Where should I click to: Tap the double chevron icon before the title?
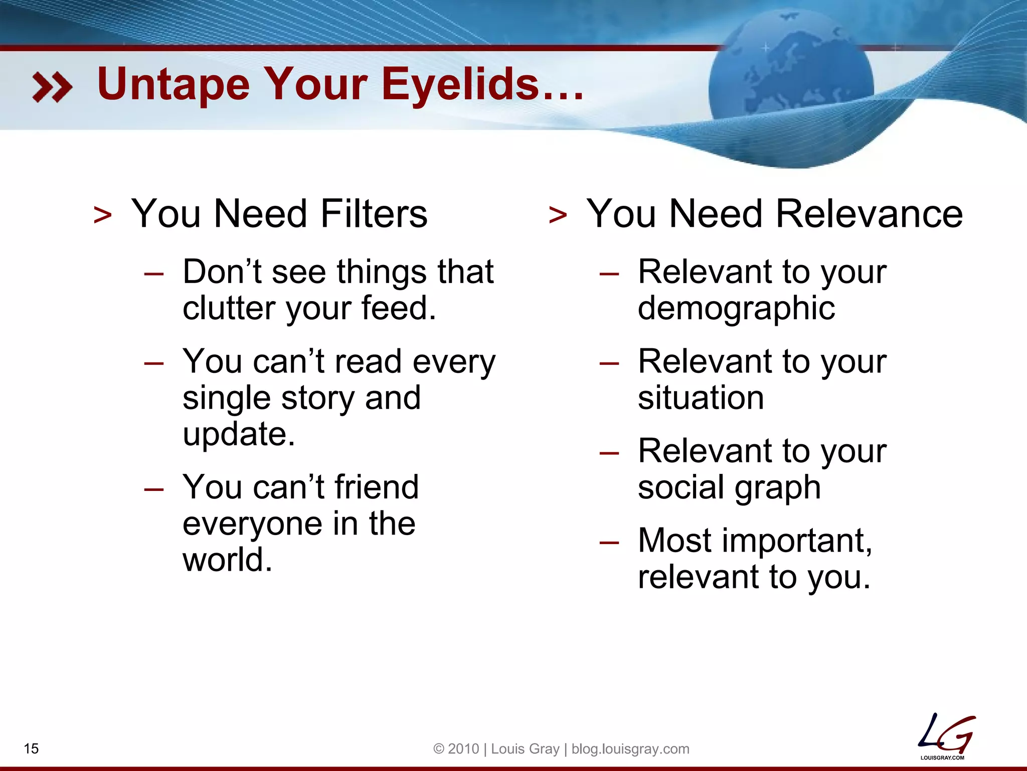[52, 87]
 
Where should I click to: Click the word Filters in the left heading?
[374, 214]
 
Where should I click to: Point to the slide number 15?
[31, 748]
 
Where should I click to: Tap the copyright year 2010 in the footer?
[463, 748]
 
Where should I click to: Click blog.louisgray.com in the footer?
[630, 748]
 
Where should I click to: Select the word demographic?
[736, 308]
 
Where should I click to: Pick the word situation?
[701, 398]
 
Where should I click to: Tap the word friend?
[376, 487]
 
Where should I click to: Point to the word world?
[227, 560]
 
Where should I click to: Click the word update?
[238, 434]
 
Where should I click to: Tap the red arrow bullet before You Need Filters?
[103, 215]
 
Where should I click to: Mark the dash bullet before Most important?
[609, 542]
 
